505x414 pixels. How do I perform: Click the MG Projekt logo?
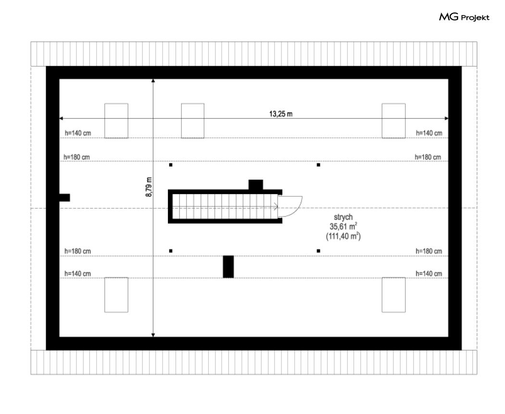(x=464, y=18)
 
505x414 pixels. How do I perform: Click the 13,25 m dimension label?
(x=281, y=114)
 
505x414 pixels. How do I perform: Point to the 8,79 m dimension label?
(x=149, y=187)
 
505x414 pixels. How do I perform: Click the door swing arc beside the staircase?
(x=291, y=206)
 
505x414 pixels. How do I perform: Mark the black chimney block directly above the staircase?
(x=255, y=184)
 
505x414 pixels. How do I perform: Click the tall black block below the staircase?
(x=228, y=267)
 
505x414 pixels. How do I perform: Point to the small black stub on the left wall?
(x=64, y=197)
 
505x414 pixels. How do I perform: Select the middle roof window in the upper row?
(x=192, y=121)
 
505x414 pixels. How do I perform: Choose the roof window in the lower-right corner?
(x=393, y=294)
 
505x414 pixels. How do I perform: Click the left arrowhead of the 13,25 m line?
(x=62, y=118)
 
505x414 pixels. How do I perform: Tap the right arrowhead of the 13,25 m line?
(x=446, y=118)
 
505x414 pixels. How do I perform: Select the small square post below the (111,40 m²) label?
(x=318, y=251)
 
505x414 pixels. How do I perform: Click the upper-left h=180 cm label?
(x=76, y=157)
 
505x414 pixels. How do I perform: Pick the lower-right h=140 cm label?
(x=429, y=273)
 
